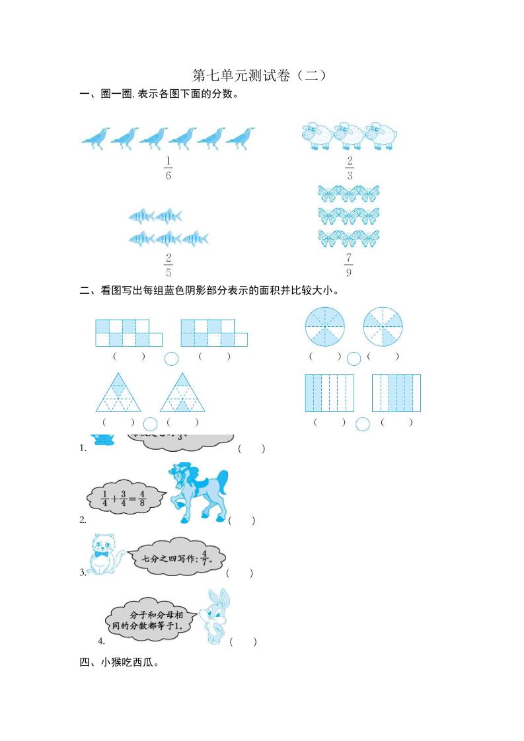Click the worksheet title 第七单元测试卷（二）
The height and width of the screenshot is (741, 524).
tap(261, 75)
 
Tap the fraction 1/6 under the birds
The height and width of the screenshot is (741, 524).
tap(168, 168)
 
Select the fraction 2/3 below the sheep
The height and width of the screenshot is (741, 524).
tap(349, 168)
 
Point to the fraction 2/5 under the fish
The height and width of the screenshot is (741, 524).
tap(168, 265)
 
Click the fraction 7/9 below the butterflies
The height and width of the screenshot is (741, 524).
tap(349, 265)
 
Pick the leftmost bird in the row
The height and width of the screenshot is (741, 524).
tap(96, 138)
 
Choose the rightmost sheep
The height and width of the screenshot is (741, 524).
tap(381, 135)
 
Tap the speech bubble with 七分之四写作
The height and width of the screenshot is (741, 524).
tap(175, 558)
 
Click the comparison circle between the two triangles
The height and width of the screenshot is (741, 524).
tap(151, 423)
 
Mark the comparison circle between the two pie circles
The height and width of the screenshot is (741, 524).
tap(354, 358)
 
